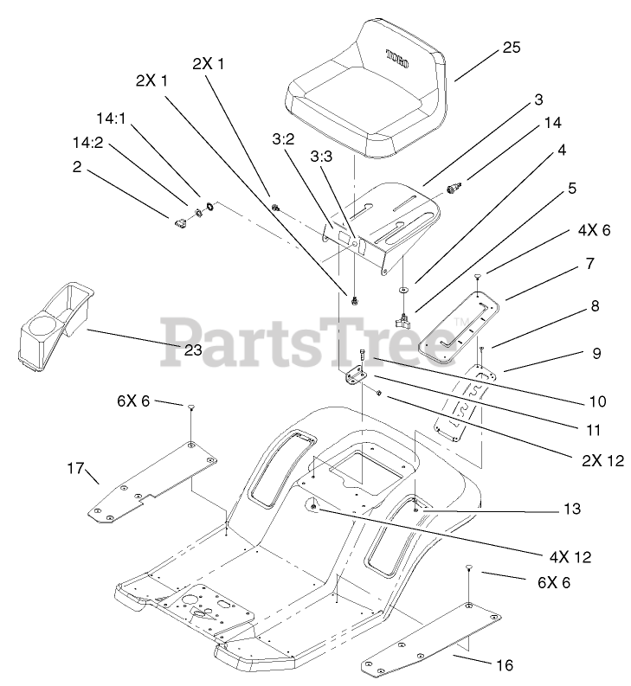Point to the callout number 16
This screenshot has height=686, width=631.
(x=505, y=664)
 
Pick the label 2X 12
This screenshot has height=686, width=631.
(x=596, y=461)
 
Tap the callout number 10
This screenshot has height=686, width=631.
(x=571, y=401)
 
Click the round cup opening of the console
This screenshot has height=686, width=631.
(x=41, y=330)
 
